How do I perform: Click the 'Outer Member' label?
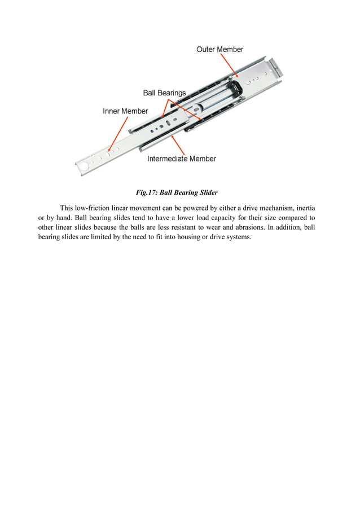[219, 50]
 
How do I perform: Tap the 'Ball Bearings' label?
[164, 93]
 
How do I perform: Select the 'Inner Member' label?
[125, 111]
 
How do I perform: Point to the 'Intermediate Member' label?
[182, 159]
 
